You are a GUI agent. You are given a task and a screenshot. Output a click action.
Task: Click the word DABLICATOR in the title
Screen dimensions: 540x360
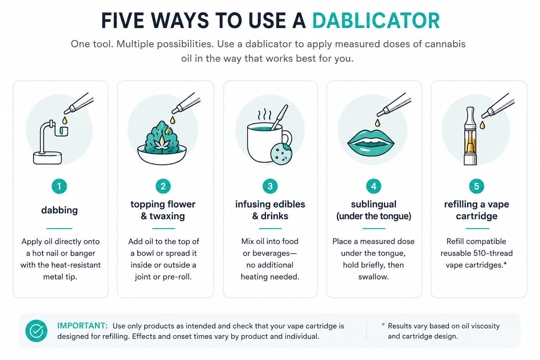pos(376,21)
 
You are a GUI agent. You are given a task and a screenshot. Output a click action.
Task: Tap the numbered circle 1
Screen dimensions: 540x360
pos(59,186)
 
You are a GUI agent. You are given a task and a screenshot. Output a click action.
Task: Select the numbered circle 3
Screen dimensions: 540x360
pos(270,186)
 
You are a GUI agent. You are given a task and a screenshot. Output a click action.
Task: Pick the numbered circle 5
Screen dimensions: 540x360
pos(477,186)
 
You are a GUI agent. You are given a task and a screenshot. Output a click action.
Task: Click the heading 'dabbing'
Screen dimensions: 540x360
pos(59,210)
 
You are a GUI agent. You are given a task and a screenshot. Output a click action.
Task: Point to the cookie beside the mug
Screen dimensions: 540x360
pos(281,154)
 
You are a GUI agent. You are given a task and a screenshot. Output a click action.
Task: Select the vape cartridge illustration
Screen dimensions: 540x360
pos(470,136)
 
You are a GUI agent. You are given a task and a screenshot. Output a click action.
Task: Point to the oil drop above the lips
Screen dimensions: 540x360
pos(378,123)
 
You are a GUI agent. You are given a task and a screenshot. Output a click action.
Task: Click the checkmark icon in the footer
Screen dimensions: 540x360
pos(37,331)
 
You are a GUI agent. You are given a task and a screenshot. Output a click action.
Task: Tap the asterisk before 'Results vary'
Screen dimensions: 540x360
pos(383,325)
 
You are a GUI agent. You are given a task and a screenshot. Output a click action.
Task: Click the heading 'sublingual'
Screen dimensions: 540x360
pos(373,204)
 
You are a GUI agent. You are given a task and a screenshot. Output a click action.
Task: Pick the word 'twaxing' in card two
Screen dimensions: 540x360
pos(167,216)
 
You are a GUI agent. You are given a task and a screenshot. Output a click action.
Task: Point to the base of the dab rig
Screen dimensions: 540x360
pos(47,158)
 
